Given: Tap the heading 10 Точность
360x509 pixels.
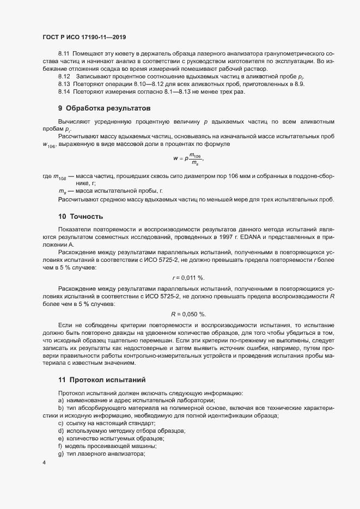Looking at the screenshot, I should pos(80,217).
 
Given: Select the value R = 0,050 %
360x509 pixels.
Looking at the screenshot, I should pos(188,314).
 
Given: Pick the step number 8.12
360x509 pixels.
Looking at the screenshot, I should pos(64,77).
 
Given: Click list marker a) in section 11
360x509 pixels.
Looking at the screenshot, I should pos(60,400).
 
